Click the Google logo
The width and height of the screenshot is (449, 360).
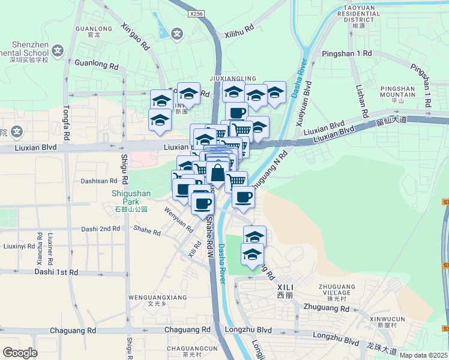click(20, 353)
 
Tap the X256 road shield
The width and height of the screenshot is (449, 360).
click(195, 13)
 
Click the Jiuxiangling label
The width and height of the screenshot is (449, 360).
click(233, 79)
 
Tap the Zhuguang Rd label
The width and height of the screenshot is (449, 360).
click(327, 308)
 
